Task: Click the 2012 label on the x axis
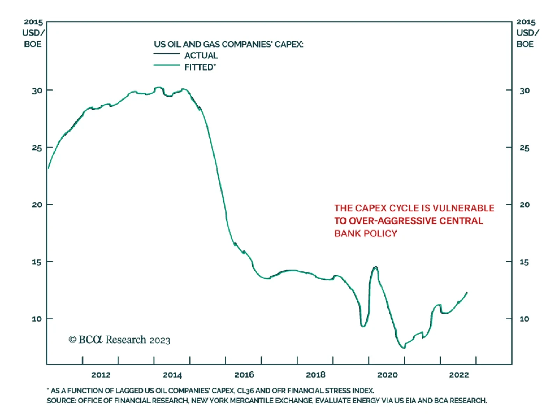[101, 375]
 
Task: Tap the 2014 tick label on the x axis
[172, 375]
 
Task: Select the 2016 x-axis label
[244, 375]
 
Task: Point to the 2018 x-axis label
[315, 375]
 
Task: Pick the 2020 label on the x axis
[387, 375]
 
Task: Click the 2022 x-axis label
[459, 375]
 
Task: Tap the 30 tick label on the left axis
[37, 91]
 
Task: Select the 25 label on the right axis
[524, 148]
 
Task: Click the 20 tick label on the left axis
[37, 205]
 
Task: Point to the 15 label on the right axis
[524, 262]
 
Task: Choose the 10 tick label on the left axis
[37, 319]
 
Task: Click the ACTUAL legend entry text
[201, 56]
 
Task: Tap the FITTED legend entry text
[200, 67]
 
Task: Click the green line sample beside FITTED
[167, 65]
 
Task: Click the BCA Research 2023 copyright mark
[119, 340]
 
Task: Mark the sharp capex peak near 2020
[376, 267]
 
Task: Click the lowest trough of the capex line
[404, 348]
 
